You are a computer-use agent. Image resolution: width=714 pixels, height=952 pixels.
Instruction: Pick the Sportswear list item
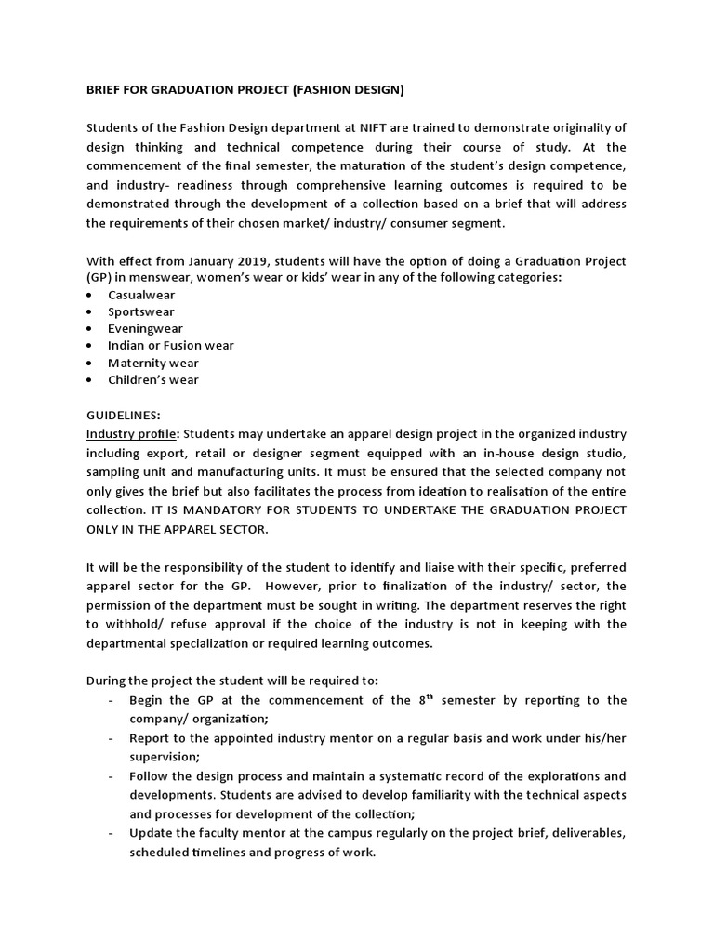(x=140, y=311)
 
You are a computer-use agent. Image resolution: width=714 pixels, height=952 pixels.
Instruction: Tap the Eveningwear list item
(x=145, y=328)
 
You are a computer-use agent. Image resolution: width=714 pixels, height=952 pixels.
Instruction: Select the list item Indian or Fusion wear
(x=170, y=345)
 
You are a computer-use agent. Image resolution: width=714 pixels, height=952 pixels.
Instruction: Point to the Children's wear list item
(x=152, y=379)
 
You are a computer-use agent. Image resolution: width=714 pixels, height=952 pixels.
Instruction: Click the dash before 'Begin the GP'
(x=112, y=700)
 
